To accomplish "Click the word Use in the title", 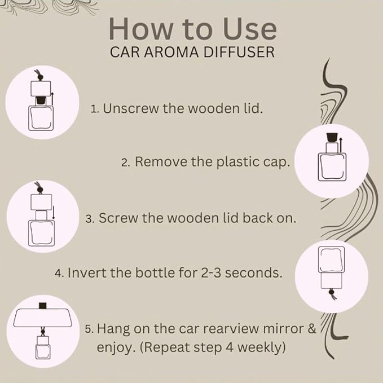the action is tap(250, 29).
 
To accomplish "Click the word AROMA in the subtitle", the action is tap(171, 52).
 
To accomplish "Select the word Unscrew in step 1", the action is tap(131, 108).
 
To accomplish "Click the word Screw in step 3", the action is tap(118, 218).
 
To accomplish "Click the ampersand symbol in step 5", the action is tap(312, 328).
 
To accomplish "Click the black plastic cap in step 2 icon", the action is tap(332, 137).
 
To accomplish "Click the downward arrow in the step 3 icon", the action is tap(54, 213).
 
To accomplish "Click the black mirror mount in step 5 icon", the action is tap(43, 306).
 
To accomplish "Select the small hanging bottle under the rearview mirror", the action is tap(43, 347).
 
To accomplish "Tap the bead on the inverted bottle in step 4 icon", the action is tap(331, 292).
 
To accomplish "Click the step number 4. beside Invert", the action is tap(59, 273).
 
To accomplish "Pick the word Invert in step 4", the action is tap(87, 272).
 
